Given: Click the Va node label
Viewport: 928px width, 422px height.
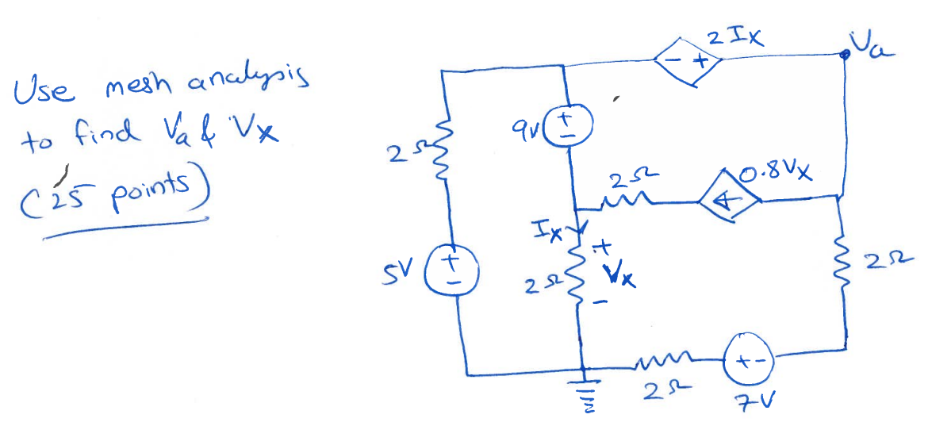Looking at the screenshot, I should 871,41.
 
